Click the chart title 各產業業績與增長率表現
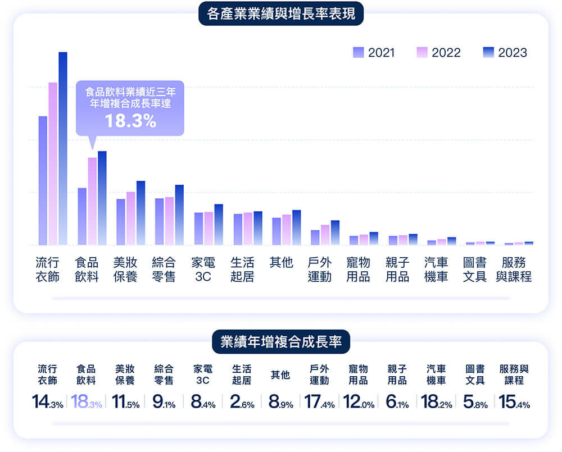[x=281, y=14]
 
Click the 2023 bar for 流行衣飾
[x=62, y=149]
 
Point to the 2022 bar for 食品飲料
[x=92, y=202]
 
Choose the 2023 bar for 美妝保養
[x=140, y=213]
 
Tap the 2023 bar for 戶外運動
[x=335, y=233]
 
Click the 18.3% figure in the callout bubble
[x=130, y=121]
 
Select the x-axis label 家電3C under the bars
[x=202, y=270]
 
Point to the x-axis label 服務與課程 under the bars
[x=514, y=270]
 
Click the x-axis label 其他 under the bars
[x=281, y=263]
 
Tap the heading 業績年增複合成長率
[x=281, y=342]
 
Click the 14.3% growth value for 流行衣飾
[x=47, y=403]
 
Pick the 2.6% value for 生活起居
[x=242, y=403]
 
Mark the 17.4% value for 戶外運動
[x=319, y=403]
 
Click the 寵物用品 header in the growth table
[x=359, y=375]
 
